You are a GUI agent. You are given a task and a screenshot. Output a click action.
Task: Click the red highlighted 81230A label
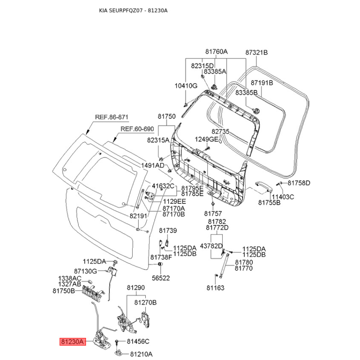pyautogui.click(x=72, y=342)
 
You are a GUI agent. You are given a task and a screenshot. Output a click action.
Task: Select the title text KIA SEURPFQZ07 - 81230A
pyautogui.click(x=136, y=10)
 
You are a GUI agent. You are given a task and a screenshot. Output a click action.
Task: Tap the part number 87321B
pyautogui.click(x=256, y=52)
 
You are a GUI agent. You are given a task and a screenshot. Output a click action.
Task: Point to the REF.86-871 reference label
pyautogui.click(x=112, y=117)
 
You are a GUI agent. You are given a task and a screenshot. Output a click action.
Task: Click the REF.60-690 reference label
pyautogui.click(x=137, y=129)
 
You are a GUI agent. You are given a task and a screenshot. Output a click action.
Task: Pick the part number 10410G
pyautogui.click(x=186, y=85)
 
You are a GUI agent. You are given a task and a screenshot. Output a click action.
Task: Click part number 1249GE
pyautogui.click(x=206, y=139)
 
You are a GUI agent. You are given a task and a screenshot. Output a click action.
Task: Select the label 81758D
pyautogui.click(x=299, y=183)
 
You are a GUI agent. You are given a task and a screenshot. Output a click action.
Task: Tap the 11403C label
pyautogui.click(x=282, y=197)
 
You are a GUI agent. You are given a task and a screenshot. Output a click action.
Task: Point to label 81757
pyautogui.click(x=213, y=213)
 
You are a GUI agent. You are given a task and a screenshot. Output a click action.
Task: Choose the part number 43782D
pyautogui.click(x=211, y=246)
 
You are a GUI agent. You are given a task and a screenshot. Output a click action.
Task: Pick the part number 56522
pyautogui.click(x=161, y=278)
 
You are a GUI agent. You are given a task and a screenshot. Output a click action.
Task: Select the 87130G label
pyautogui.click(x=85, y=271)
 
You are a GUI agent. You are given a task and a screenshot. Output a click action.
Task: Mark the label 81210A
pyautogui.click(x=139, y=354)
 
